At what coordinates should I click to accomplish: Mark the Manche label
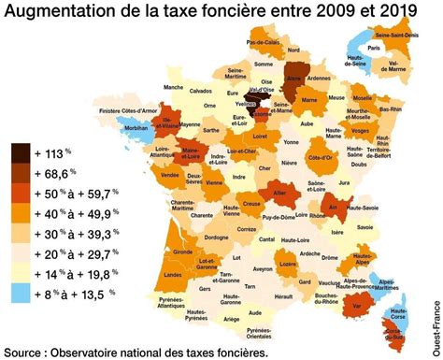click(172, 87)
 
